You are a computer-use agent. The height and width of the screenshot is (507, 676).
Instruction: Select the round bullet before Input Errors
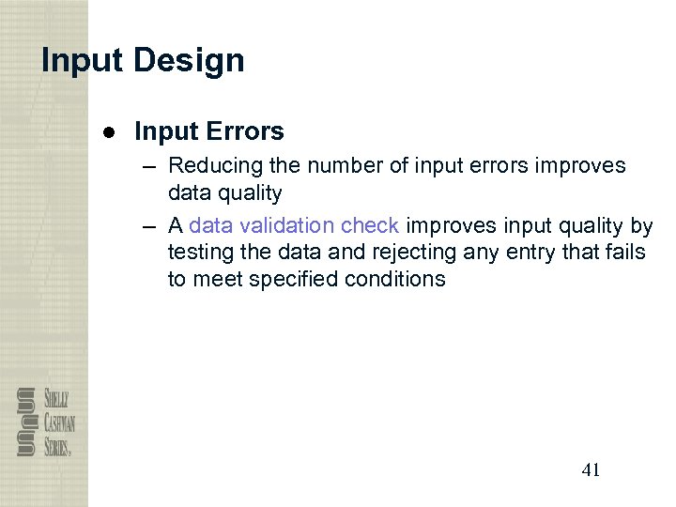click(x=109, y=132)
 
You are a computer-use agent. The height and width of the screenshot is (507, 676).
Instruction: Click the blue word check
click(x=370, y=226)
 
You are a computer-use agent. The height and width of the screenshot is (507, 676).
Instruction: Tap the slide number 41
click(x=591, y=470)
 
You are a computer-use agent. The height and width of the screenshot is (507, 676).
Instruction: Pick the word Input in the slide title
click(x=81, y=61)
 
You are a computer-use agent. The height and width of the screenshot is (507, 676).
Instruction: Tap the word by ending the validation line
click(x=641, y=226)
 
